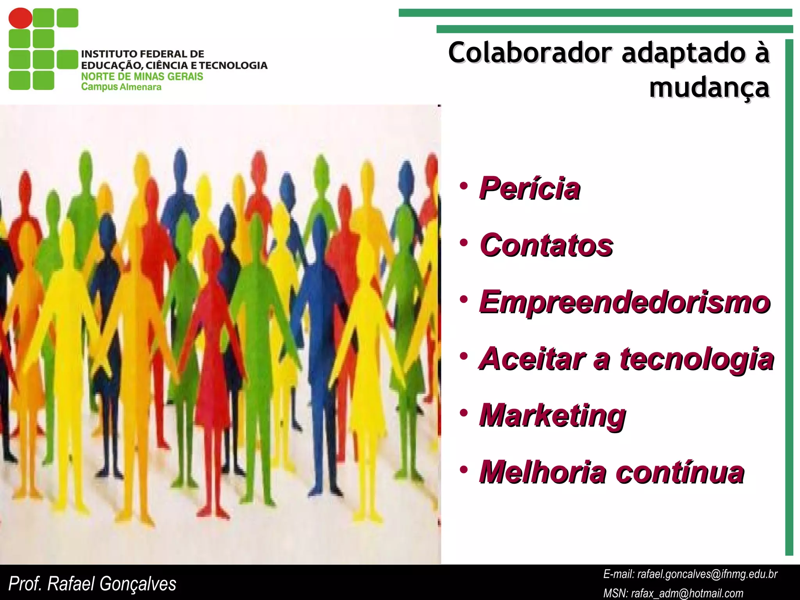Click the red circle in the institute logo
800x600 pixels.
coord(20,18)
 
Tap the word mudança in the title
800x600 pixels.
coord(709,87)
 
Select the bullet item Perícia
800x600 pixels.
coord(530,189)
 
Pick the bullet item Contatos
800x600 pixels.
coord(546,245)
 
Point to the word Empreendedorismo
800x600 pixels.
coord(625,302)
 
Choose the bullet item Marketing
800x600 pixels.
coord(552,416)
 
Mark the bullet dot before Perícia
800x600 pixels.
coord(464,186)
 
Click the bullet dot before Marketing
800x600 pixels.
coord(464,412)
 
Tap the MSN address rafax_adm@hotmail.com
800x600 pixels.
coord(687,593)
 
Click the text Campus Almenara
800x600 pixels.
coord(121,87)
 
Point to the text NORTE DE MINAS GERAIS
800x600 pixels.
coord(142,76)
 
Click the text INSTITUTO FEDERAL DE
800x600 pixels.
coord(143,54)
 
